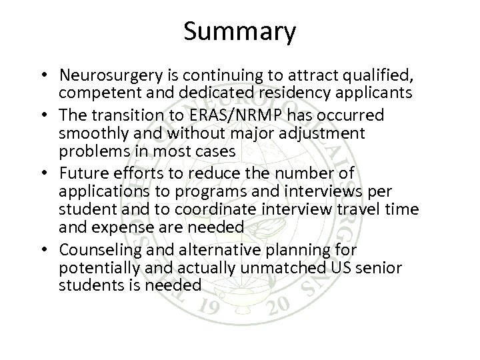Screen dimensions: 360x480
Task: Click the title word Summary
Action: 239,31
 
